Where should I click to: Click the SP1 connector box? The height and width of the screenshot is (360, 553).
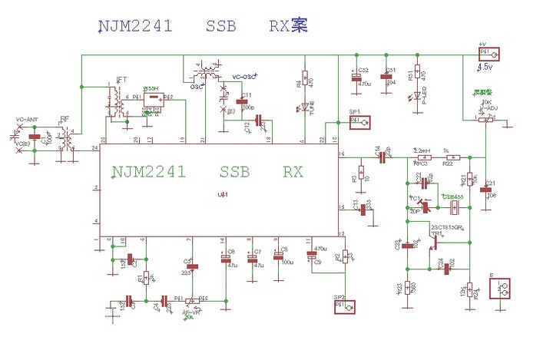pyautogui.click(x=362, y=121)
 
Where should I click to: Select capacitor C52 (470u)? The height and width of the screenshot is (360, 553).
pyautogui.click(x=356, y=75)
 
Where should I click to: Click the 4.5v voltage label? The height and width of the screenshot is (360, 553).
pyautogui.click(x=485, y=68)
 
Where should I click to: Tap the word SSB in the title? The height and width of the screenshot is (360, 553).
pyautogui.click(x=221, y=26)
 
